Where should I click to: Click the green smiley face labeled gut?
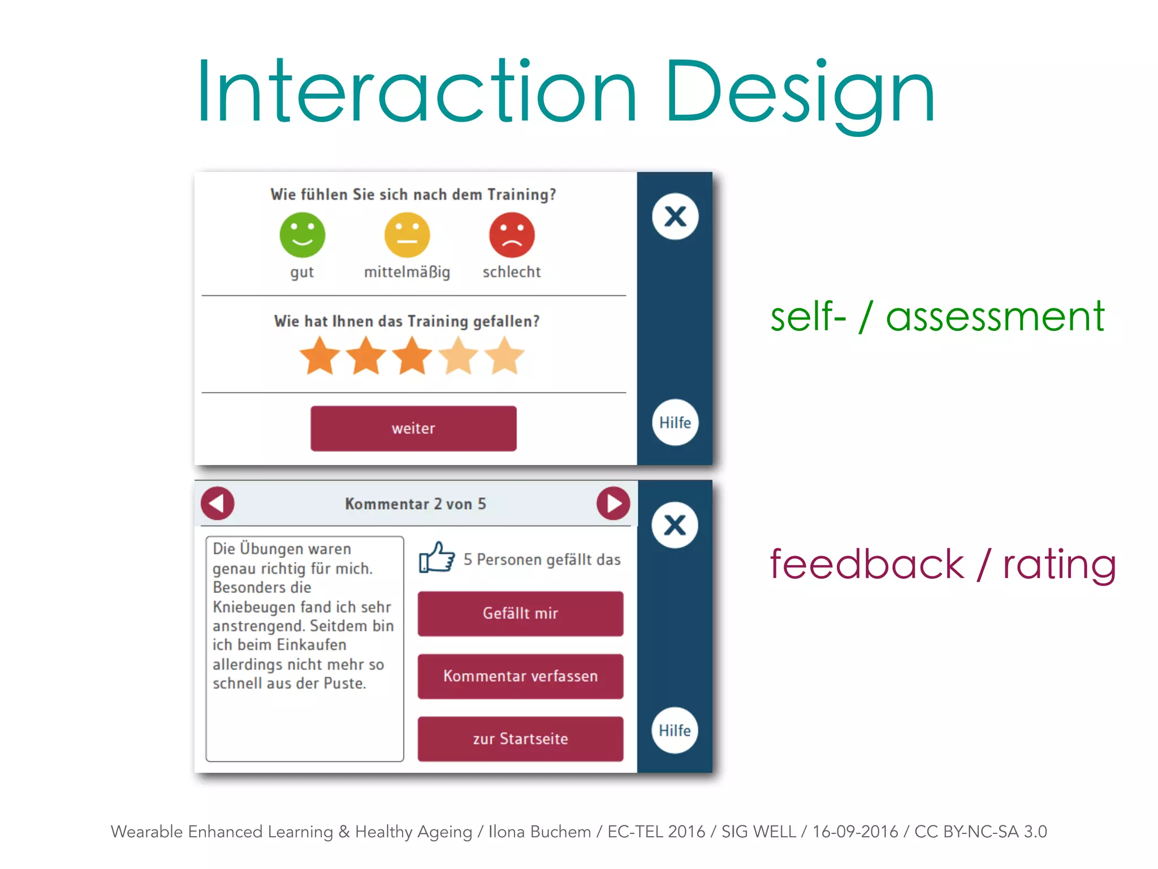(303, 235)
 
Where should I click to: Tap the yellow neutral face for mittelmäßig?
(407, 235)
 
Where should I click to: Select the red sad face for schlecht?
(512, 235)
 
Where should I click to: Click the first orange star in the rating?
(320, 356)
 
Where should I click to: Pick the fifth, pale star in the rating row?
(504, 356)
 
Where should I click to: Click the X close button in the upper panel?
(675, 217)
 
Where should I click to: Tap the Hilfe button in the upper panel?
(675, 423)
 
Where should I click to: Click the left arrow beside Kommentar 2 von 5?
(218, 504)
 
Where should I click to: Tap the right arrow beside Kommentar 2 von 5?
(613, 504)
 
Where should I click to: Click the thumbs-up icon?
(437, 558)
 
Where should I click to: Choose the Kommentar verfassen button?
(520, 676)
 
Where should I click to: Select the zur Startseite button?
(520, 739)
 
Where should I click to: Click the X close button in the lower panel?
(675, 525)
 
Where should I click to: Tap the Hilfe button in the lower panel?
(675, 730)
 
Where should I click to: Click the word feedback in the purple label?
(867, 564)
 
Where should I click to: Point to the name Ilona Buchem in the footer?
(539, 832)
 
